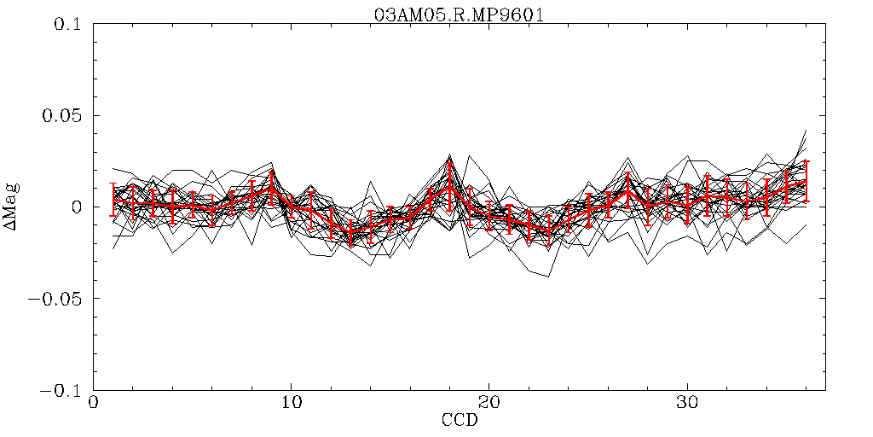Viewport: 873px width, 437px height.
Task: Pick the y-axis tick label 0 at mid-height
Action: (x=75, y=207)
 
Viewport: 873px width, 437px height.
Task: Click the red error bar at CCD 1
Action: (x=113, y=199)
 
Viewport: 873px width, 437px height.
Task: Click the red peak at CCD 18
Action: (x=449, y=184)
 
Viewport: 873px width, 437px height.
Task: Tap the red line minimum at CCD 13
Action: (x=350, y=232)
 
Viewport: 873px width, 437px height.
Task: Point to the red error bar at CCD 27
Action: (x=627, y=189)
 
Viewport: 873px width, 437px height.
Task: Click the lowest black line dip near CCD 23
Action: (x=548, y=277)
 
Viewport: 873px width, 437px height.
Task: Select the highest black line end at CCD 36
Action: (x=806, y=130)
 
